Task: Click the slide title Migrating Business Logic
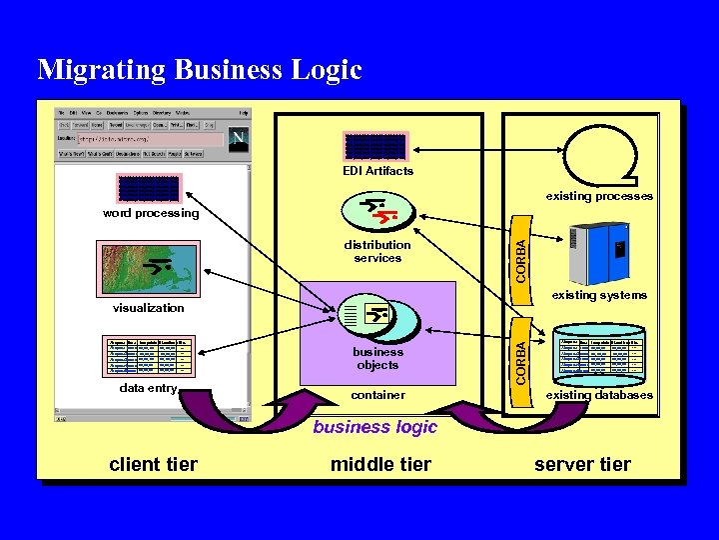click(200, 69)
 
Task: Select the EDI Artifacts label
click(376, 171)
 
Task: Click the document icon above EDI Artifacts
click(375, 146)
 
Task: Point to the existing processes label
click(599, 196)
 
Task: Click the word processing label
click(151, 213)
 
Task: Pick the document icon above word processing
click(149, 189)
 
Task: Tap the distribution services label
click(377, 251)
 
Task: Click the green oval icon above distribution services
click(369, 211)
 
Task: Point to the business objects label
click(377, 358)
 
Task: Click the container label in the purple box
click(378, 395)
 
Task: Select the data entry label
click(148, 388)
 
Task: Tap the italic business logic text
click(375, 427)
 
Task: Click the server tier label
click(582, 464)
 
